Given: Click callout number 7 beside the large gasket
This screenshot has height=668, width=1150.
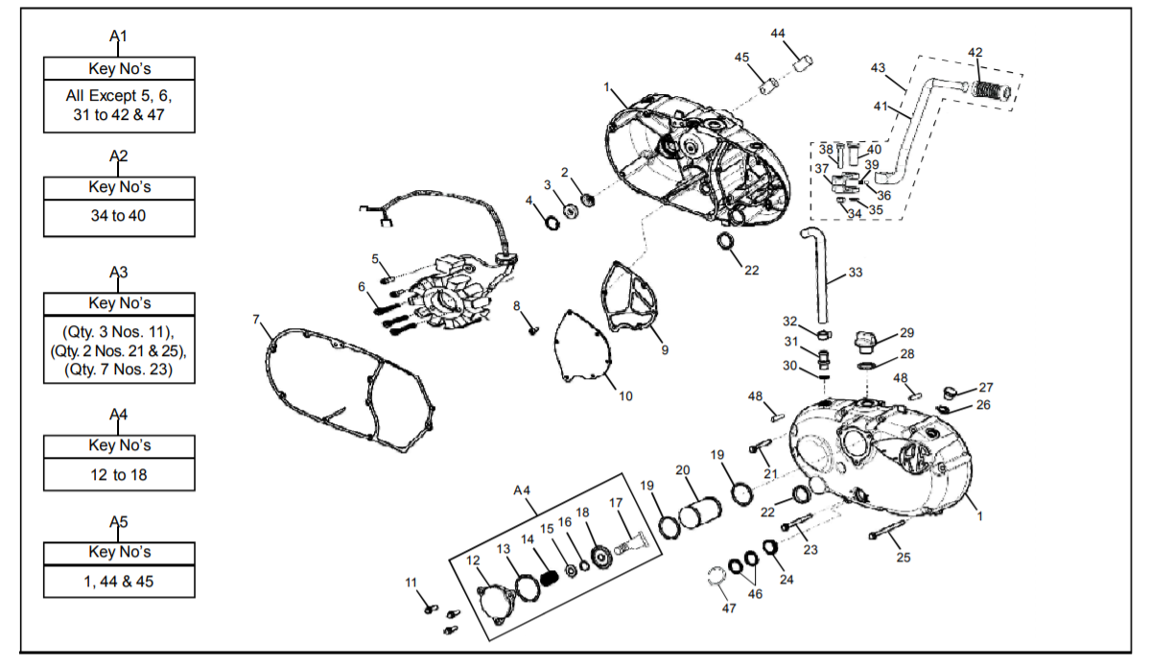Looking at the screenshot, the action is [x=256, y=320].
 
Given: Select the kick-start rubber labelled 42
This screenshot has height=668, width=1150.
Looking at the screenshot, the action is [x=992, y=91].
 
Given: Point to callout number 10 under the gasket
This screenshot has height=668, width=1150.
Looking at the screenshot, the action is [x=625, y=396].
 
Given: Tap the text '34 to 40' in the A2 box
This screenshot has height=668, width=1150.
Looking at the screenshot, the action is [x=119, y=216].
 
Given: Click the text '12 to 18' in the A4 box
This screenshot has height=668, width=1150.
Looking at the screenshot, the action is [x=119, y=475].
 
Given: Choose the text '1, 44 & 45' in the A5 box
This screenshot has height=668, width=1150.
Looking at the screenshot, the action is [x=119, y=582].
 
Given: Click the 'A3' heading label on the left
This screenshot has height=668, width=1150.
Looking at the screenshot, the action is [x=119, y=273].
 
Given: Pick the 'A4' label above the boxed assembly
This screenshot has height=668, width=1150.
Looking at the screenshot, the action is [x=522, y=490].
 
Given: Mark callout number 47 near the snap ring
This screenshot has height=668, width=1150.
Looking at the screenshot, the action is [x=729, y=608].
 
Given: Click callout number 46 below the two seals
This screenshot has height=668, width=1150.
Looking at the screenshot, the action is [x=756, y=594].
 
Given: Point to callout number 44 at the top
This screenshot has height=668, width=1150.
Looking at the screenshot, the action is [x=778, y=34].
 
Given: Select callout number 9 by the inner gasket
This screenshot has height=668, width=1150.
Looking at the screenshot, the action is [x=666, y=350].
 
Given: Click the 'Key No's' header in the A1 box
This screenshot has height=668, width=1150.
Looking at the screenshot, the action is [x=120, y=69].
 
